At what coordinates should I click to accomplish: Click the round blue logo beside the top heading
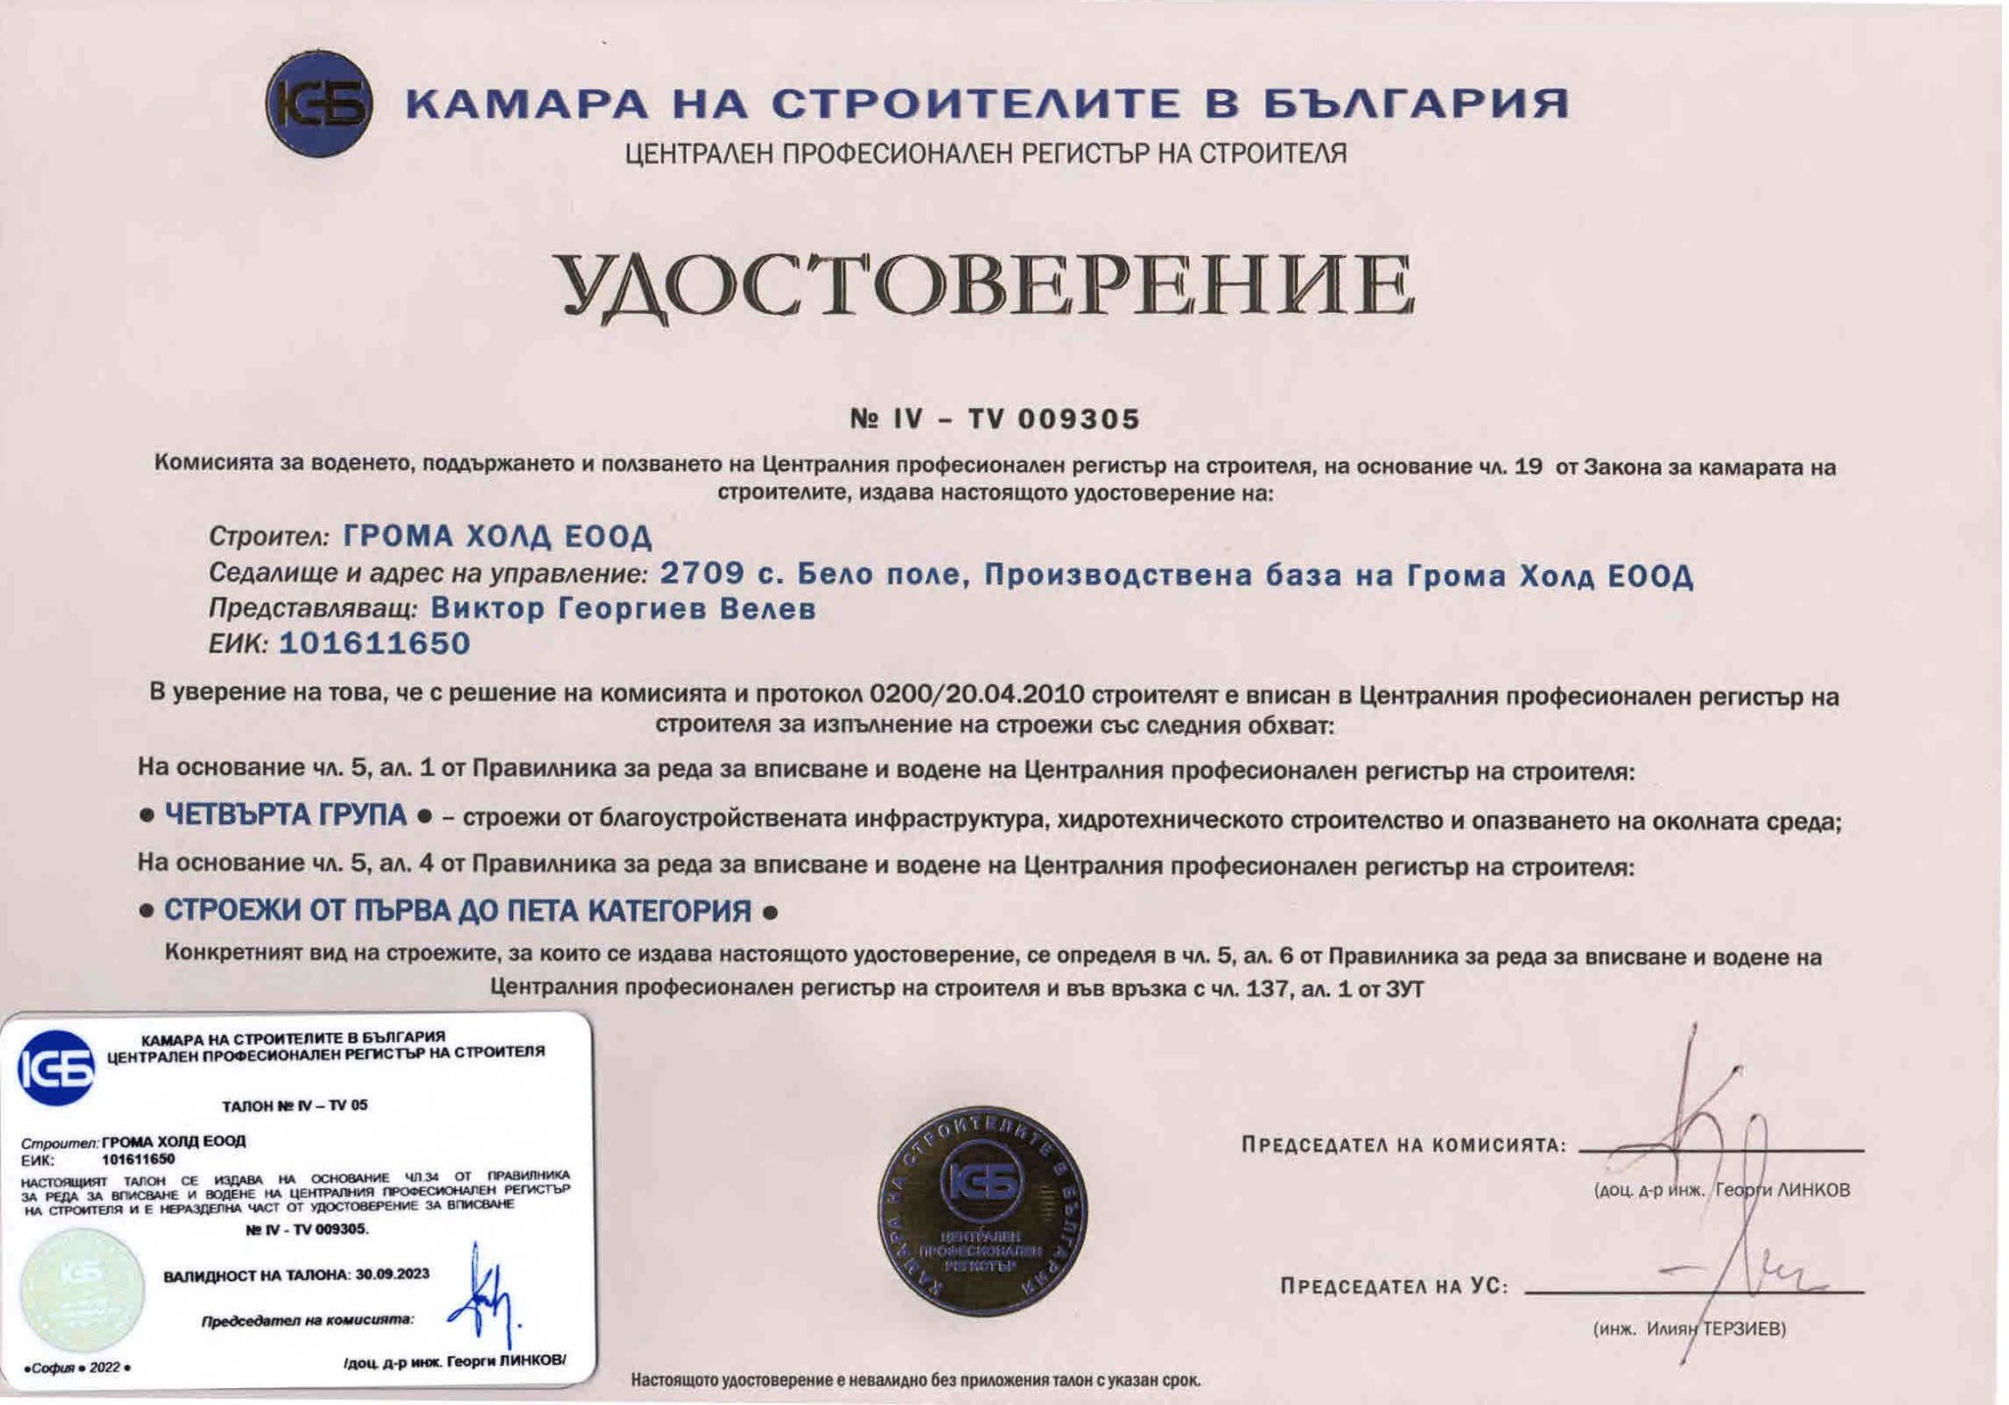pos(319,104)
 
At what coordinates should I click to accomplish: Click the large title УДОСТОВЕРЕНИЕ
pos(986,286)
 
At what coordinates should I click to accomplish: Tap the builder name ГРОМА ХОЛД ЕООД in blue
pos(497,537)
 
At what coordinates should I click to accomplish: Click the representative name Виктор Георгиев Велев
pos(623,609)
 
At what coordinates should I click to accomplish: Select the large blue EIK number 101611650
pos(375,644)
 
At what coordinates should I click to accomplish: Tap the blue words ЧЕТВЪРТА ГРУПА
pos(285,815)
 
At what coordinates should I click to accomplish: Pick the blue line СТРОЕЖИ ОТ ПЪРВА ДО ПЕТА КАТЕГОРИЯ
pos(457,911)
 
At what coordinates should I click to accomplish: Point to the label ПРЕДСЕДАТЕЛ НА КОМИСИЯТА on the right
pos(1403,1145)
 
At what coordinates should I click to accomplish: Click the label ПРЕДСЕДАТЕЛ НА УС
pos(1393,1286)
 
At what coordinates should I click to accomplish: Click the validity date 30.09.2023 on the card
pos(392,1275)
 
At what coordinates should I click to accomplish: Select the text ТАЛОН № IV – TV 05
pos(294,1106)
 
